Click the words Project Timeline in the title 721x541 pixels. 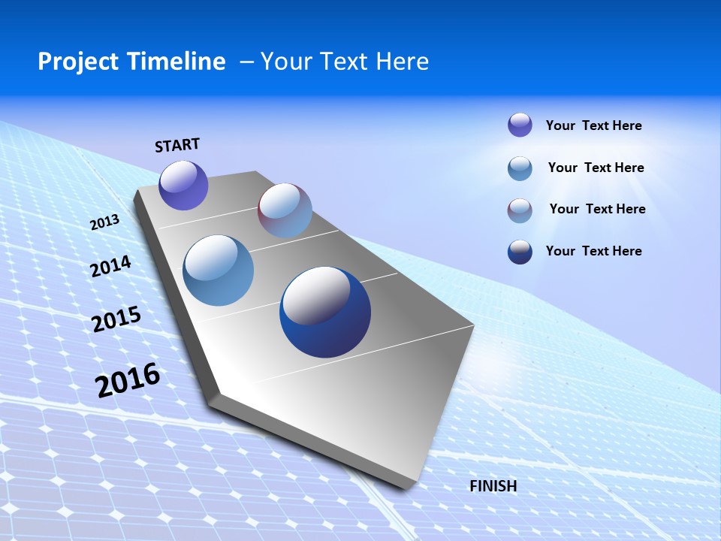click(x=131, y=62)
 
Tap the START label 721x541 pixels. click(x=177, y=145)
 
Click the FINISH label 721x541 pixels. click(x=493, y=486)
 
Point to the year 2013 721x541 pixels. click(x=104, y=222)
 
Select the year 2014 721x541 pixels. click(x=110, y=267)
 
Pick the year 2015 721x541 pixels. click(x=116, y=319)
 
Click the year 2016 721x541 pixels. click(x=128, y=380)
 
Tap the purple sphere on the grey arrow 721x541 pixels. click(x=183, y=186)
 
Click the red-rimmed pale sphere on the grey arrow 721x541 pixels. click(x=285, y=210)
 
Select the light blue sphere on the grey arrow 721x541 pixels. click(x=219, y=270)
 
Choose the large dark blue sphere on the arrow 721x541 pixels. click(x=325, y=312)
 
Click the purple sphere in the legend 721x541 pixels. click(x=520, y=125)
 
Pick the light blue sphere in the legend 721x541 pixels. click(x=520, y=168)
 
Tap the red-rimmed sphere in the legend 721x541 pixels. click(x=520, y=210)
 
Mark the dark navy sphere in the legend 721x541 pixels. click(x=520, y=252)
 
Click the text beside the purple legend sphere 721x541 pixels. click(x=593, y=125)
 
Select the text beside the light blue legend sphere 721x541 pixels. click(x=596, y=168)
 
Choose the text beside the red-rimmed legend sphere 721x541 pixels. click(x=597, y=209)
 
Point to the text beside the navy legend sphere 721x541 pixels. click(x=593, y=251)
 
